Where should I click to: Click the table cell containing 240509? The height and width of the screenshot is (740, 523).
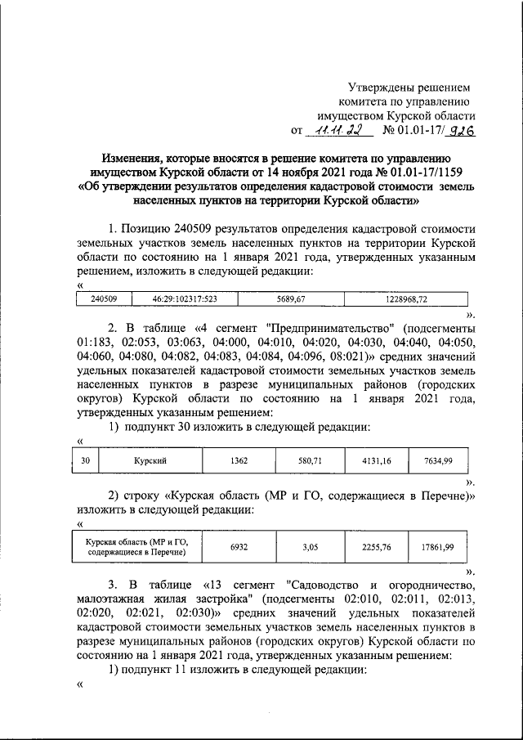pos(104,299)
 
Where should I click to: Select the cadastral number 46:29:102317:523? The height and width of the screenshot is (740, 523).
pos(177,299)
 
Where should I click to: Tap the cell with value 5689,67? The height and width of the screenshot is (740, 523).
pos(289,299)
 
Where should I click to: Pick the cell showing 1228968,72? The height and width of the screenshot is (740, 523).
pos(405,299)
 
